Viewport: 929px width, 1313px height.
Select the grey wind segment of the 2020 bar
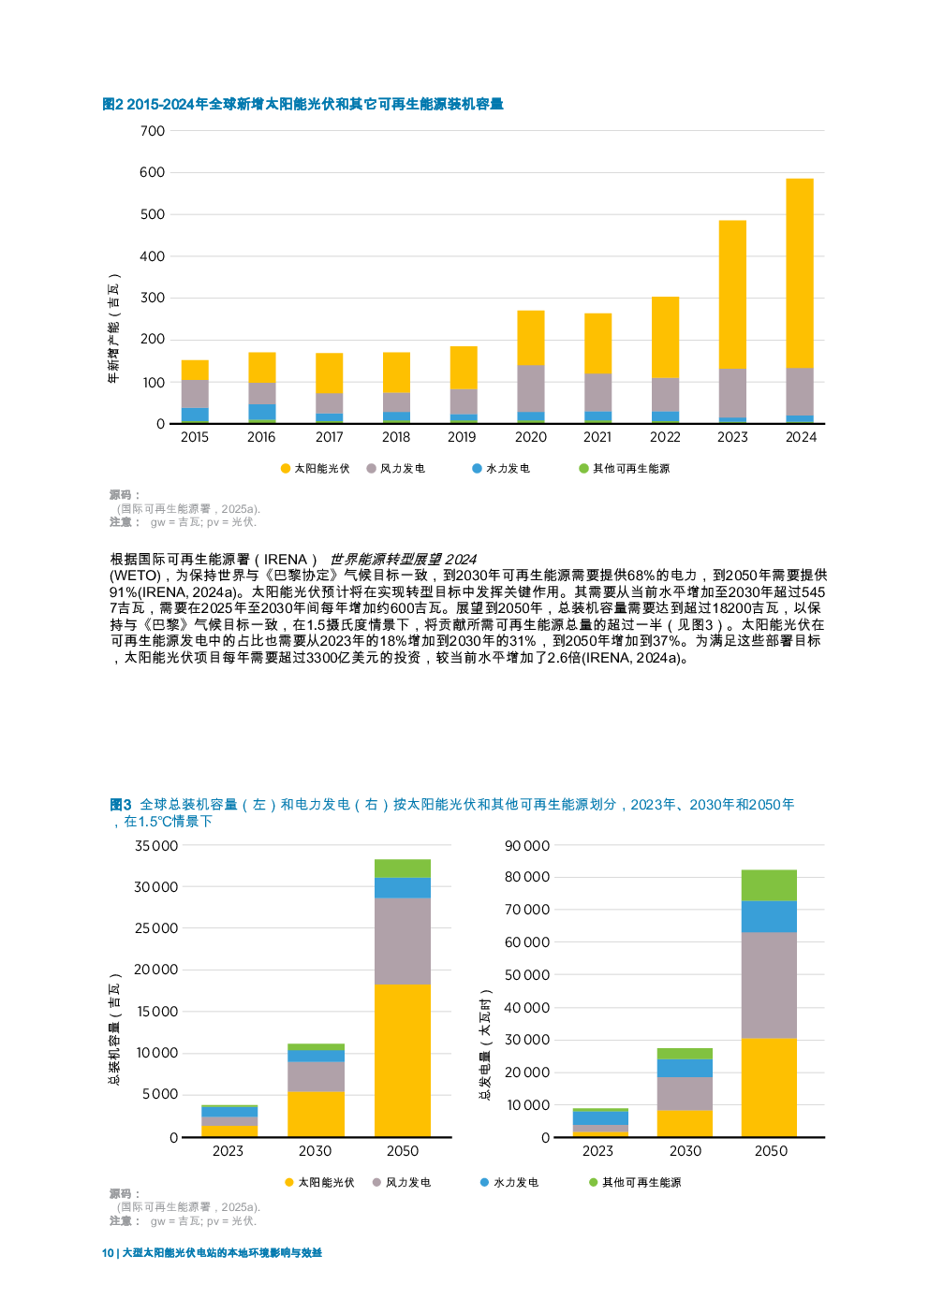click(531, 387)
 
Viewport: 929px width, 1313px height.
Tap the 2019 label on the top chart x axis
click(462, 437)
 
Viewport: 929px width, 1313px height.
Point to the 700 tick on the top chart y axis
click(152, 131)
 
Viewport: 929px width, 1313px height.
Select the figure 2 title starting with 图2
click(302, 104)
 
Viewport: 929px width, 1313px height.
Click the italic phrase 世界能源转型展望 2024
click(403, 559)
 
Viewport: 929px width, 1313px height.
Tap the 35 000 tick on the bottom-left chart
click(155, 846)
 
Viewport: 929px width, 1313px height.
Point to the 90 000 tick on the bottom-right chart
click(526, 846)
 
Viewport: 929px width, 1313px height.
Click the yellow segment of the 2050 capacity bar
click(403, 1059)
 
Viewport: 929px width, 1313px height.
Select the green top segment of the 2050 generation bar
click(768, 885)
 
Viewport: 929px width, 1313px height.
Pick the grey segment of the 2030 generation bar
click(685, 1093)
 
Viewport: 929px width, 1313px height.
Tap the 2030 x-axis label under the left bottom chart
click(315, 1151)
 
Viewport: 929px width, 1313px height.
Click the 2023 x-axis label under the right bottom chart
click(597, 1151)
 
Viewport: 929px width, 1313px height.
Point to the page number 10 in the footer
click(108, 1253)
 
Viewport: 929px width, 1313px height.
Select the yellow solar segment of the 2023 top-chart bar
click(732, 294)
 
